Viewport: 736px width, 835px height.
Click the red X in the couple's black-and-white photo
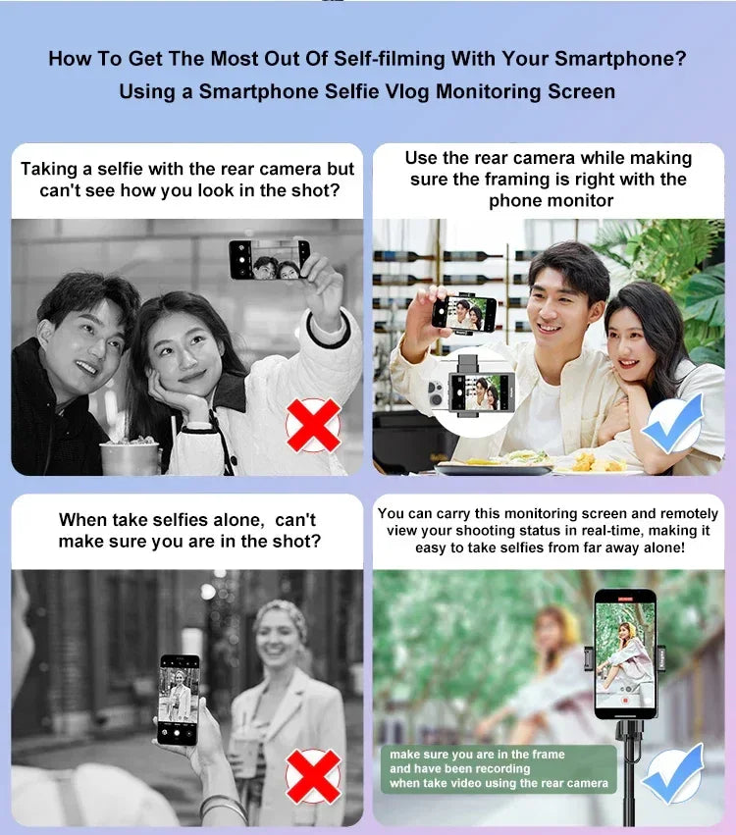click(313, 425)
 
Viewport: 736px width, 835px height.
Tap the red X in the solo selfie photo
click(313, 776)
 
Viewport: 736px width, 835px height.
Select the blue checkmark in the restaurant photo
click(673, 423)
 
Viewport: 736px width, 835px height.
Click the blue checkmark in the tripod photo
click(673, 774)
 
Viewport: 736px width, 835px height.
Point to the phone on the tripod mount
click(625, 653)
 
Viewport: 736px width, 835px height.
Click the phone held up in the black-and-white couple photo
click(269, 260)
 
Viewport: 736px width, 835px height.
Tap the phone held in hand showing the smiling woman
click(179, 700)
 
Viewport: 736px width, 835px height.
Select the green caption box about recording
click(499, 769)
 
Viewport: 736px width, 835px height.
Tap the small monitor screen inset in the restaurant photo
click(481, 392)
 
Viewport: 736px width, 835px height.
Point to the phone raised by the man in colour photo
click(464, 313)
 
